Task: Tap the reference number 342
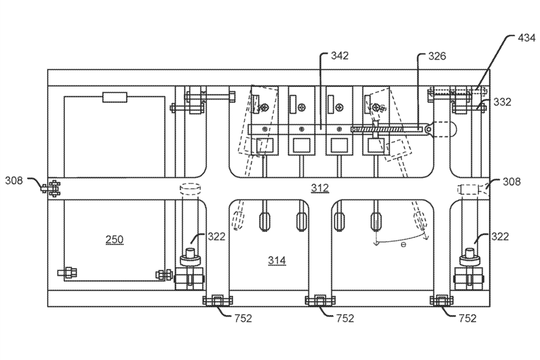pyautogui.click(x=340, y=56)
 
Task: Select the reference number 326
pyautogui.click(x=437, y=56)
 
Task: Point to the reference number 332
pyautogui.click(x=502, y=102)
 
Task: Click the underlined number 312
pyautogui.click(x=320, y=188)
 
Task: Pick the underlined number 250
pyautogui.click(x=115, y=239)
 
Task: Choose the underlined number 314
pyautogui.click(x=277, y=260)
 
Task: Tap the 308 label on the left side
pyautogui.click(x=14, y=180)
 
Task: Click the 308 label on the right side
pyautogui.click(x=512, y=181)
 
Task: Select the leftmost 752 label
pyautogui.click(x=243, y=319)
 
